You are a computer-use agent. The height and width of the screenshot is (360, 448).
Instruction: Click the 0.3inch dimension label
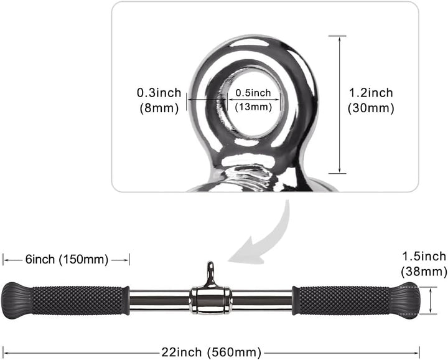[x=159, y=93]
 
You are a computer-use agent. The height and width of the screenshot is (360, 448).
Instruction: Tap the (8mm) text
[x=159, y=107]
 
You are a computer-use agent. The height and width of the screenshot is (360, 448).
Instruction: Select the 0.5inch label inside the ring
[x=253, y=93]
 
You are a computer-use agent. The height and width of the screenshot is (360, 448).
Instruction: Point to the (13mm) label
[x=253, y=107]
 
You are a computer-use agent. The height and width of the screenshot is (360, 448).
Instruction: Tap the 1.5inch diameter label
[x=424, y=256]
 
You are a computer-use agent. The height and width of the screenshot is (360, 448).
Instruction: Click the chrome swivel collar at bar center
[x=211, y=300]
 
